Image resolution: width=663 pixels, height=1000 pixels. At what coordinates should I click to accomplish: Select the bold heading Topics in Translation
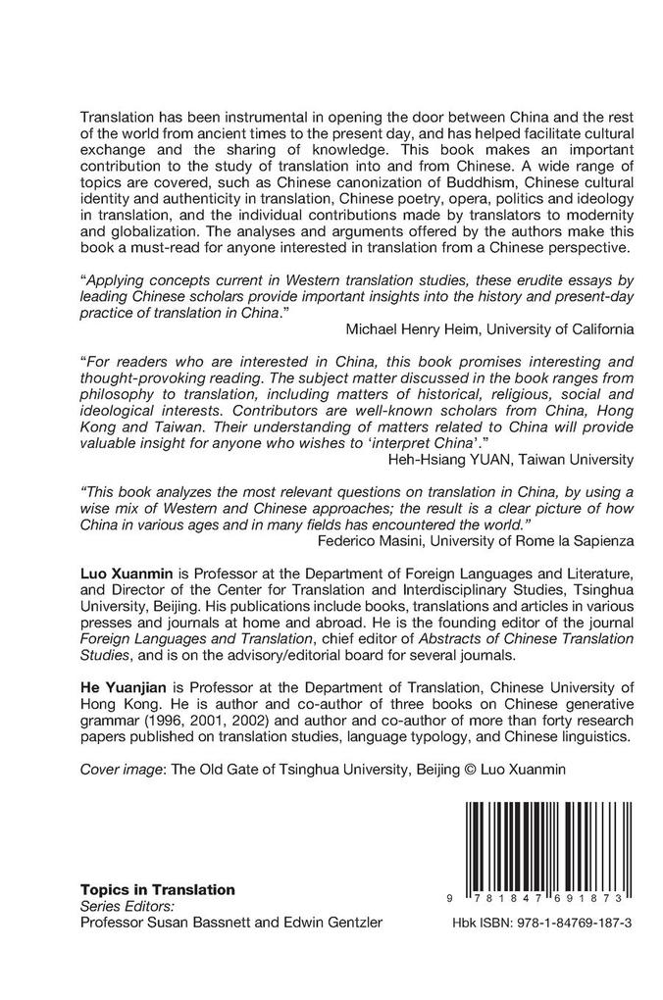coord(157,889)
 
